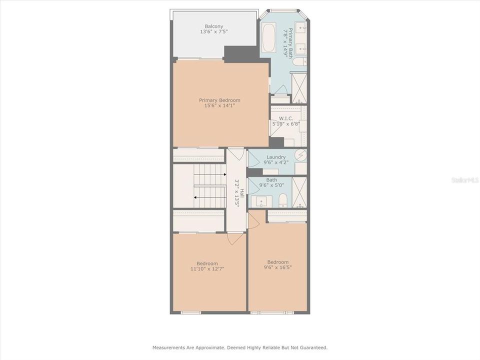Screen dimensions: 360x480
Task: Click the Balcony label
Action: pos(214,26)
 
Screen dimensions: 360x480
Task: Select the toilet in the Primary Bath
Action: pos(299,61)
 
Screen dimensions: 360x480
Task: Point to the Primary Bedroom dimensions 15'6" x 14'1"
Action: pos(219,105)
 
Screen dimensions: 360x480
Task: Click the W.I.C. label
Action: pos(278,118)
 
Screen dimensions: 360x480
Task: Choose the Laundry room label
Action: pos(276,157)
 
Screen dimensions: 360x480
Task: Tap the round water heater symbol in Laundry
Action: pos(300,155)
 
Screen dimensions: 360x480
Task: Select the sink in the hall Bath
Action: pos(261,201)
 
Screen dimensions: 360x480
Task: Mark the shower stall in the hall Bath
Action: pos(299,192)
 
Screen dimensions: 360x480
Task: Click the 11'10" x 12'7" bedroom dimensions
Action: pos(207,268)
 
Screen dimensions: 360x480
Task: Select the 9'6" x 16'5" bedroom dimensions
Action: pos(277,267)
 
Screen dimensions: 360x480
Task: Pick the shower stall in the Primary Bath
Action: pos(299,88)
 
